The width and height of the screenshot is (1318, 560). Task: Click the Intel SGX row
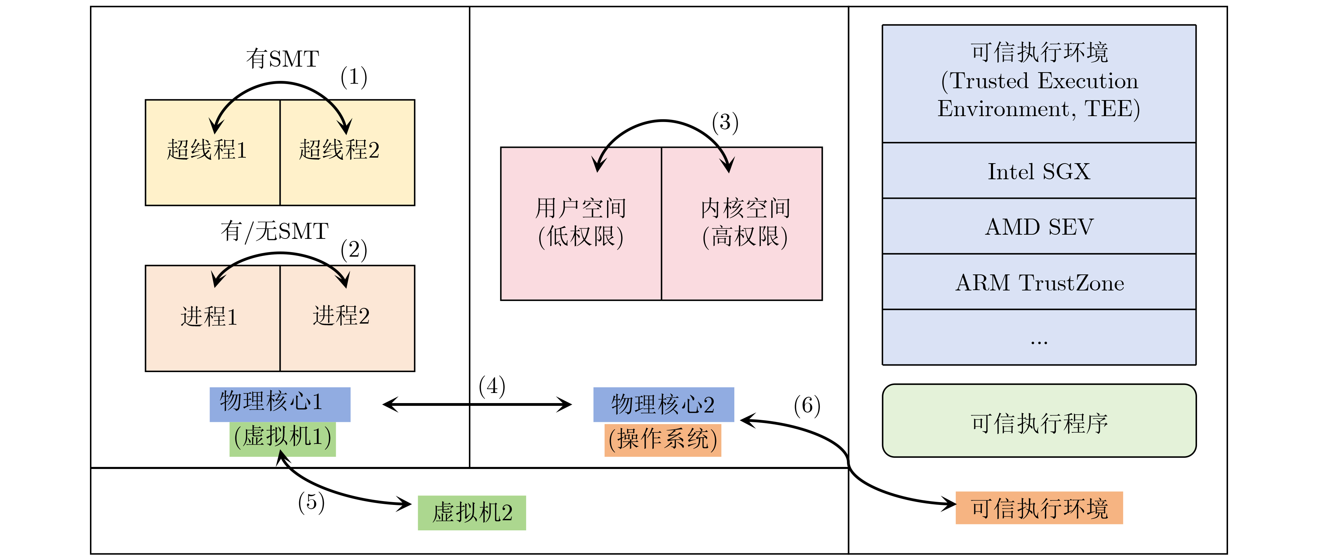pos(1039,171)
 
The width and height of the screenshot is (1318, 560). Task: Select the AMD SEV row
pos(1039,226)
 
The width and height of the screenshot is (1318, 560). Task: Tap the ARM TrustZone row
pos(1039,282)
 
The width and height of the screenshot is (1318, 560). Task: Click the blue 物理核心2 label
pos(663,404)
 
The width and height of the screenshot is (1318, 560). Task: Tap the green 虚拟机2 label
pos(472,512)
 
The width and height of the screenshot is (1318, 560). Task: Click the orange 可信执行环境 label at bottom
pos(1039,508)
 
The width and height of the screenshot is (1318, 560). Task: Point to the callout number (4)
pos(492,386)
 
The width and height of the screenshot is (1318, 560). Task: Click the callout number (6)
pos(807,406)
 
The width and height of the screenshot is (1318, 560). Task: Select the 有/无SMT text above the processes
pos(274,231)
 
